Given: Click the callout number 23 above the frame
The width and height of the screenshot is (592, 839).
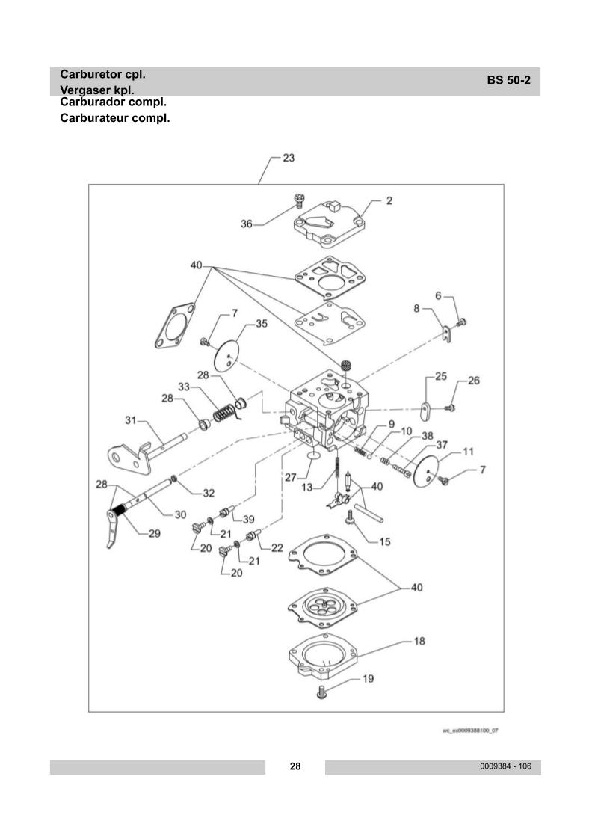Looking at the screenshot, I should click(289, 158).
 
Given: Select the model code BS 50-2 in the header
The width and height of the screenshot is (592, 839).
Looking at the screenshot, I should click(509, 81).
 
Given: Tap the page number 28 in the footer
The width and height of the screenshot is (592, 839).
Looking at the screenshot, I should click(295, 766).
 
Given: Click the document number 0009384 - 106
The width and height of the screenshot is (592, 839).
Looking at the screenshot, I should click(505, 766).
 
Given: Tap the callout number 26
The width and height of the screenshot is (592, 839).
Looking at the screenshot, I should click(474, 381).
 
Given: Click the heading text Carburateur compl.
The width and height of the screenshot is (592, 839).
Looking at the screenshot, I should click(115, 118).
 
